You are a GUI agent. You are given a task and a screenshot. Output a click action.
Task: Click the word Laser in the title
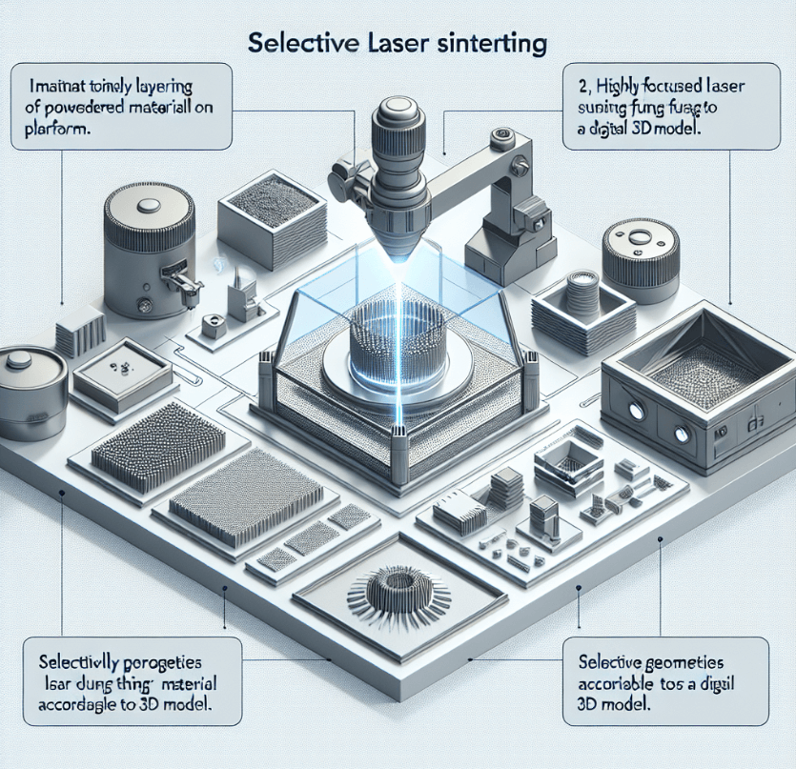398,44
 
